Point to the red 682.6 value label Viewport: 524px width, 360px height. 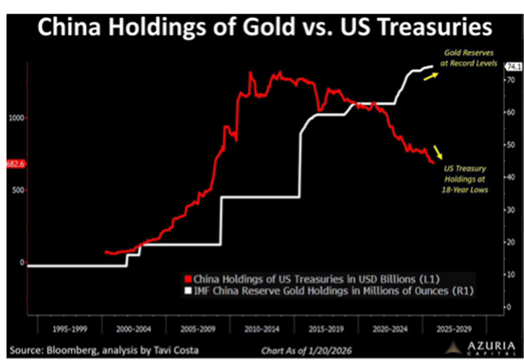point(15,163)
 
